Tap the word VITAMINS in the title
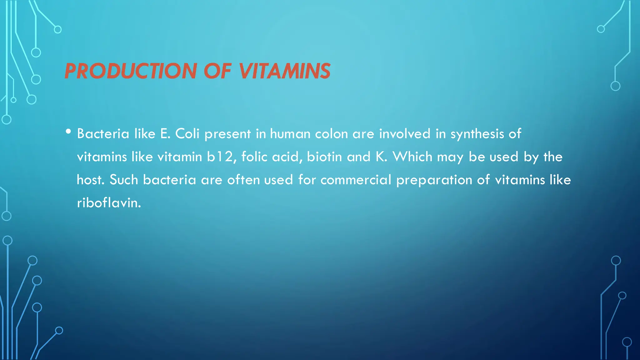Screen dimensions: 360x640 point(285,71)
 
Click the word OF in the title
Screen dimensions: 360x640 point(217,71)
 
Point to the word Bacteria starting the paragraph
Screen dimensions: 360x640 point(103,134)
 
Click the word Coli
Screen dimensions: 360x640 point(187,134)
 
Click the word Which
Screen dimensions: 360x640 point(412,157)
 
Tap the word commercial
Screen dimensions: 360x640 point(356,180)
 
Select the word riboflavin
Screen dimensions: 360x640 point(109,203)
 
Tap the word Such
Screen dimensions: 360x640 point(124,180)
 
